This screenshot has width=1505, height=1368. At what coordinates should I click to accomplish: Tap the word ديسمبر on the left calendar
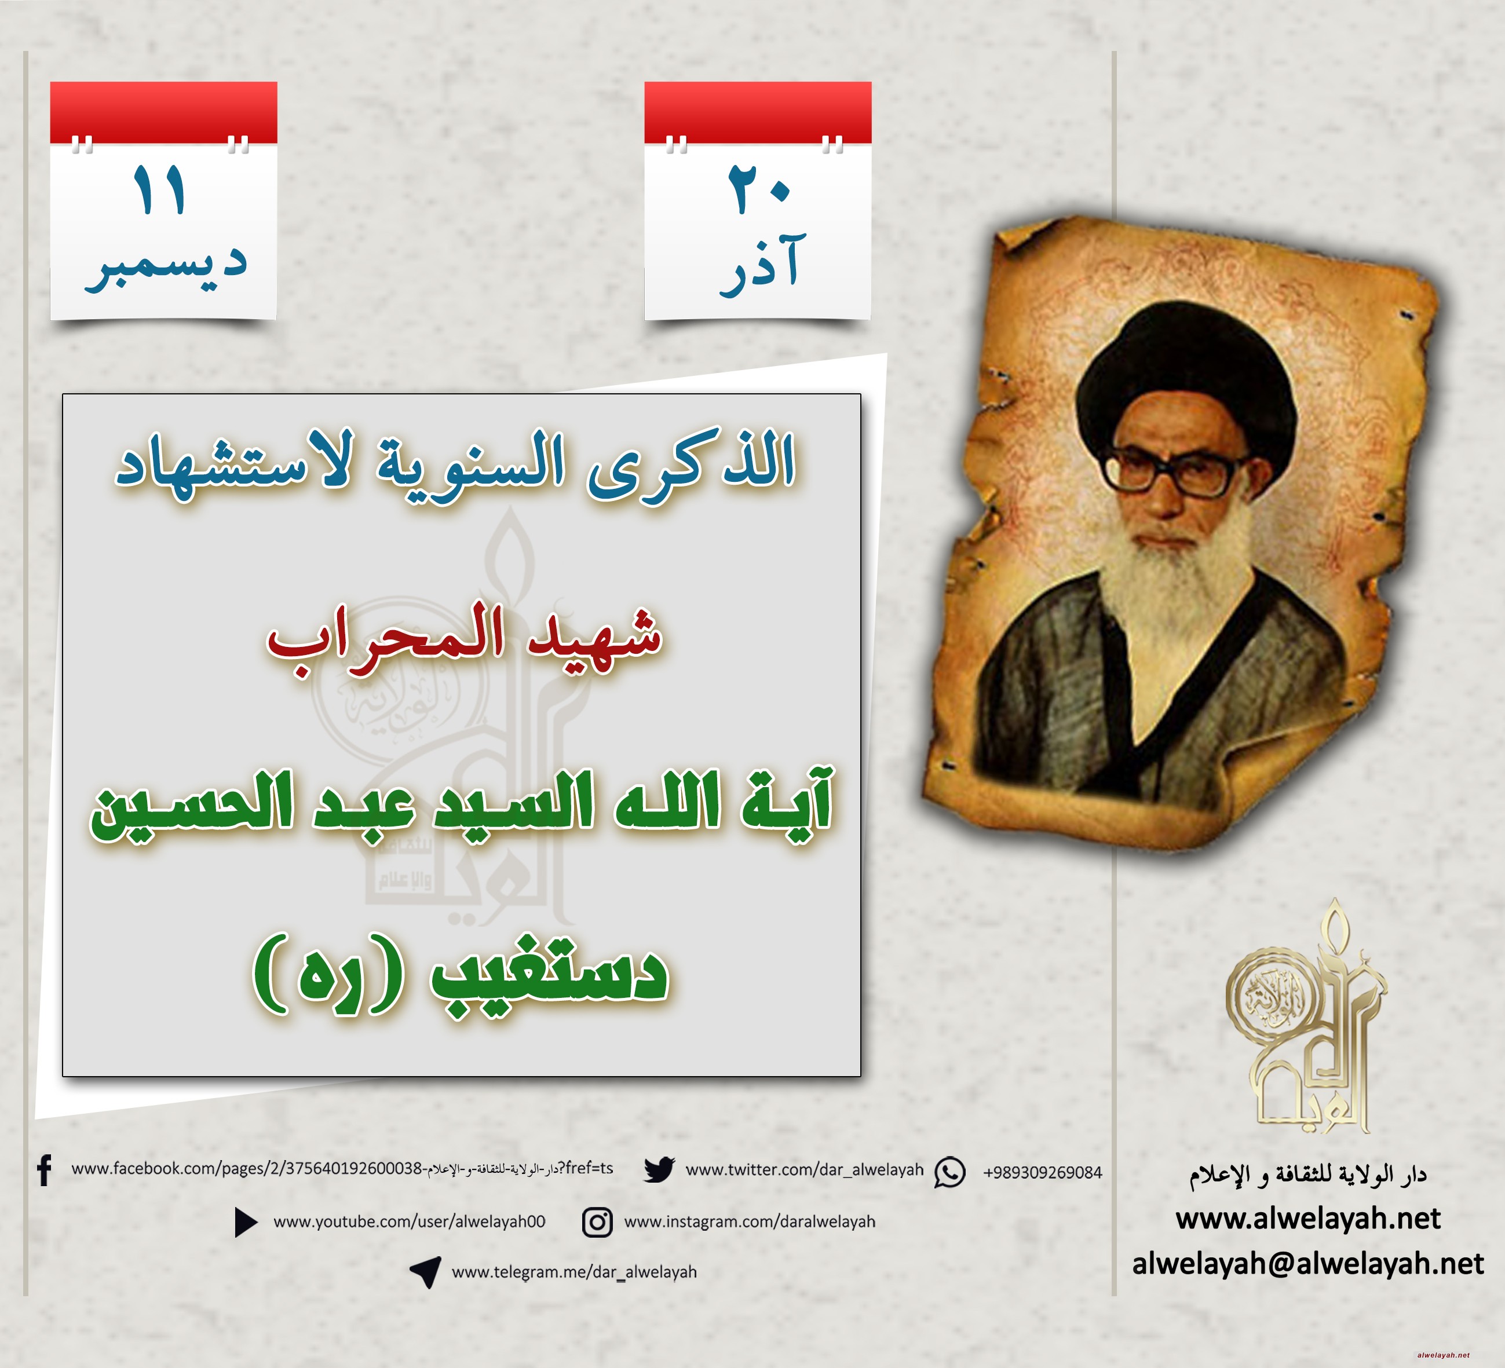tap(166, 266)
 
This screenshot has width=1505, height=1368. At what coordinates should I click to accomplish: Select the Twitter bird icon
tap(659, 1169)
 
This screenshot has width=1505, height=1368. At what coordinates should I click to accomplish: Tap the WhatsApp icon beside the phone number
tap(949, 1172)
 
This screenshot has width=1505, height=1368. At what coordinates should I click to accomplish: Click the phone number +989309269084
tap(1042, 1172)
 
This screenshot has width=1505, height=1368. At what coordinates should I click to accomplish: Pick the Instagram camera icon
tap(597, 1223)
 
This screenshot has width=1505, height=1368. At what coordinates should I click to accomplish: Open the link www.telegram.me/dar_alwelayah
tap(574, 1272)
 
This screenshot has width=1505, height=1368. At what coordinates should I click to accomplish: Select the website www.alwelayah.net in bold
tap(1308, 1219)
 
